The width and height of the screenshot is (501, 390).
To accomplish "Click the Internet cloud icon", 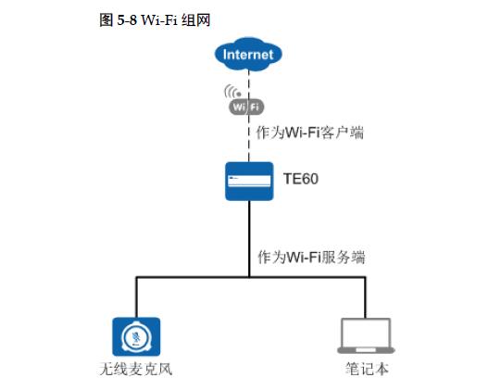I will (249, 55).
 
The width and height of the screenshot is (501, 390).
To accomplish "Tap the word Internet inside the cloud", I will (249, 55).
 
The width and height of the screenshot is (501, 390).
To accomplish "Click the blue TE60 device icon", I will (249, 181).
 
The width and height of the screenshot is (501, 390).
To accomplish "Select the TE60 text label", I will (300, 179).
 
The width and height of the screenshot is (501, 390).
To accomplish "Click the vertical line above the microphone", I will (136, 296).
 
